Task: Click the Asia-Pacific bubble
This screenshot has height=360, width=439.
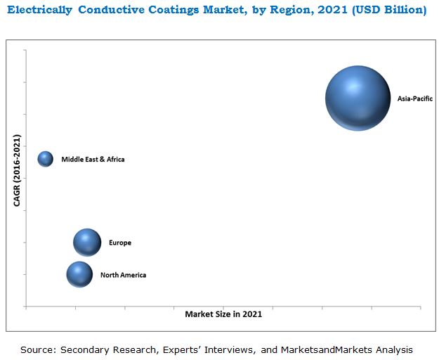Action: pos(358,98)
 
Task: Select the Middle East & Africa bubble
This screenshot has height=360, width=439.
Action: pos(46,159)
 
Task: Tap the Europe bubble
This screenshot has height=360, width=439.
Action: pos(87,243)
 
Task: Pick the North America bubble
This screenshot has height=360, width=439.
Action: pos(79,274)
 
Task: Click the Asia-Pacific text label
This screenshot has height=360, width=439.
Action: pos(414,99)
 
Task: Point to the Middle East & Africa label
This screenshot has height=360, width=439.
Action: pos(93,160)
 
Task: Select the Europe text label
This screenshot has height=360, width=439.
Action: pos(120,243)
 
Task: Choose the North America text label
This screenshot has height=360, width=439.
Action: pos(123,275)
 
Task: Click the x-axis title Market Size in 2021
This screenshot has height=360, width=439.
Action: pos(223,314)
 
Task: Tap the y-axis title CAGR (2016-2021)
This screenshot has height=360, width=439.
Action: pos(16,170)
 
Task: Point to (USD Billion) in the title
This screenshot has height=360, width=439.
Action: pos(388,11)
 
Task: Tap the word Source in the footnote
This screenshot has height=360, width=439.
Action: pos(37,349)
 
